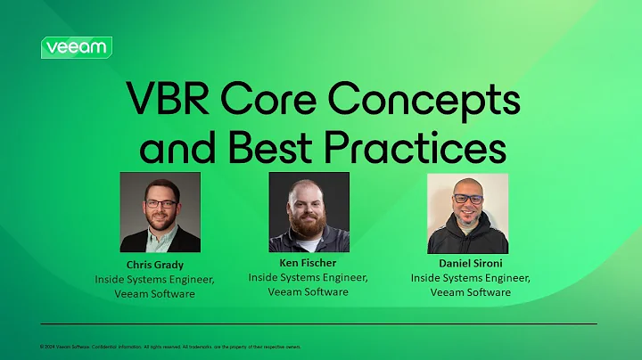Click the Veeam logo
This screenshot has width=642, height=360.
[76, 47]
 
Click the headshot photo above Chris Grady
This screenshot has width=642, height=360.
[160, 212]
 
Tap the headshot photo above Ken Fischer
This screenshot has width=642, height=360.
[309, 212]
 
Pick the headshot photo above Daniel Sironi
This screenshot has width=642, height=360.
[467, 213]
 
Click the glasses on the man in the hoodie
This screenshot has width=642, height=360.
[467, 200]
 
